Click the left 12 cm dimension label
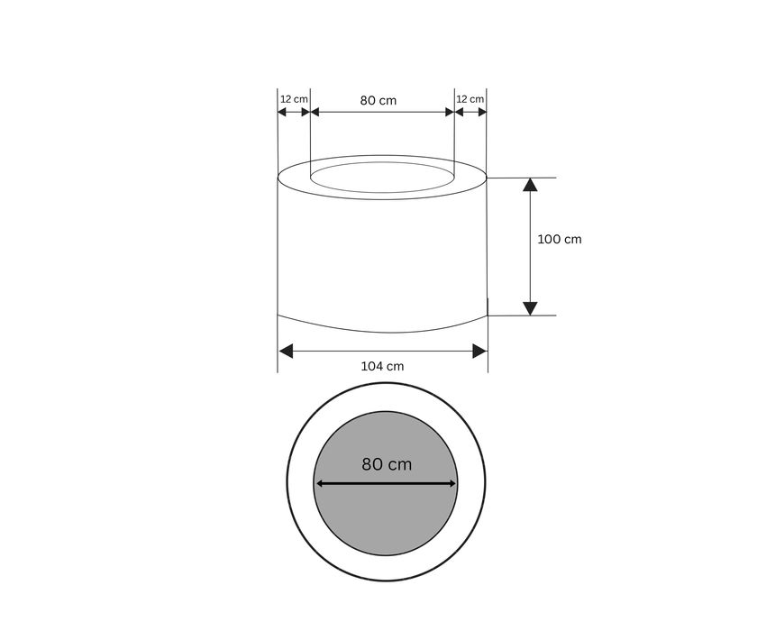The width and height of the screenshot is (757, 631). [x=294, y=99]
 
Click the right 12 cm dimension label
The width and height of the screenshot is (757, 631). [x=470, y=99]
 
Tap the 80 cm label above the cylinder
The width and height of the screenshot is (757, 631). [x=378, y=100]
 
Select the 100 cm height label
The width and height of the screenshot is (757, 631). [x=559, y=239]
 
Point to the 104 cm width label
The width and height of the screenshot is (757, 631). [x=382, y=367]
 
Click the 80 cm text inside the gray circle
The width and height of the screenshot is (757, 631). [x=387, y=464]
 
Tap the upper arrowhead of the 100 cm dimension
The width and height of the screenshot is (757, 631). [x=530, y=185]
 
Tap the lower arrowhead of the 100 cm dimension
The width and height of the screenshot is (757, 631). [x=530, y=309]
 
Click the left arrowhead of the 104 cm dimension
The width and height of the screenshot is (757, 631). [x=286, y=352]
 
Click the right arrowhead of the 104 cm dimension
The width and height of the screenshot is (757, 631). [x=479, y=352]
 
